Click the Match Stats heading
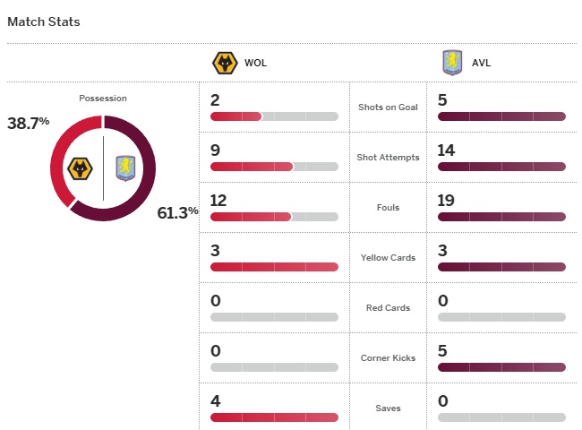coord(44,21)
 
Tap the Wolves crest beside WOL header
coord(223,64)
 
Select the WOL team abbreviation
coord(255,64)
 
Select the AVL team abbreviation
coord(481,64)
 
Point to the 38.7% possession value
coord(29,124)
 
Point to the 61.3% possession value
coord(177,212)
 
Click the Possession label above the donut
coord(103,99)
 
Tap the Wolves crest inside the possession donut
coord(81,168)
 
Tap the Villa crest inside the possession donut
coord(124,168)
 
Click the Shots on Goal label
coord(388,107)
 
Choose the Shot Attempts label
coord(388,158)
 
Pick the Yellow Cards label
coord(388,258)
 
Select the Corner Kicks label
coord(388,358)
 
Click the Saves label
coord(388,408)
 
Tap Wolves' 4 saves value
coord(216,401)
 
